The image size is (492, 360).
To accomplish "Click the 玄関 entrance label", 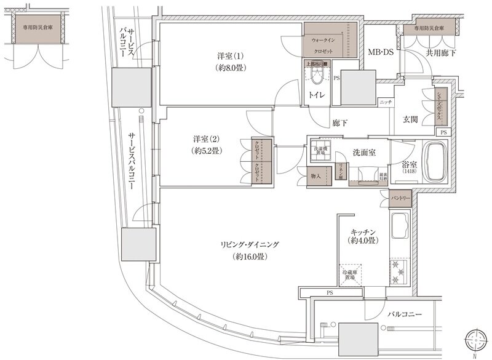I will coord(411,119).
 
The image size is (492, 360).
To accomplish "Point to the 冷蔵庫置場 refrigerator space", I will coord(349,274).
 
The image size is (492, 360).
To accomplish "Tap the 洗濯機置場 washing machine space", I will coord(321,150).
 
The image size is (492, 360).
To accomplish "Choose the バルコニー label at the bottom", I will coord(405,314).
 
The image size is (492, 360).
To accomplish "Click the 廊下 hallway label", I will coord(340,123).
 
